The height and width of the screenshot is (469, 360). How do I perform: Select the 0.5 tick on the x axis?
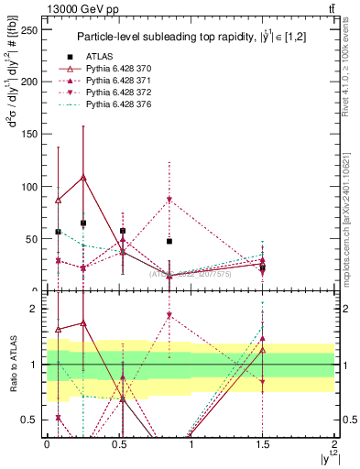point(118,444)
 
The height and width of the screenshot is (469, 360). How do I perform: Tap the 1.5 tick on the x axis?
point(263,444)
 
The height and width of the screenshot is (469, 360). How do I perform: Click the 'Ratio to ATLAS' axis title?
point(11,364)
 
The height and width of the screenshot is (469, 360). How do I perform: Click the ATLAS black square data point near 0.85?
point(169,242)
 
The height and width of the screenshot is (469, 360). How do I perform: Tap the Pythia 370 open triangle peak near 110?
point(84,177)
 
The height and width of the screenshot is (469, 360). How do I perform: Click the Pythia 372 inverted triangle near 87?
point(169,200)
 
